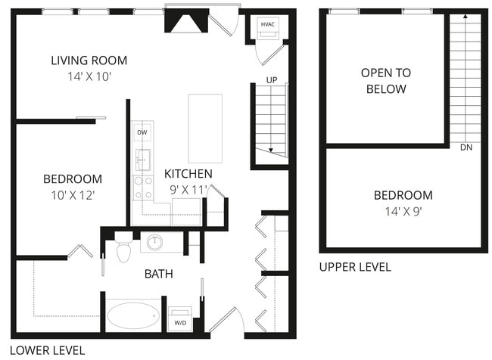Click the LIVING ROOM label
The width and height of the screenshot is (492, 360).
coord(89,61)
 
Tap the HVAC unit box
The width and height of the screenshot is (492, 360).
coord(268,25)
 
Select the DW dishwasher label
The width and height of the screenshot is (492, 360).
coord(142,132)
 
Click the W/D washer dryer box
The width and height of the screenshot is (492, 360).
coord(180,318)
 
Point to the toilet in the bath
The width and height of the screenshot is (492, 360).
coord(123,249)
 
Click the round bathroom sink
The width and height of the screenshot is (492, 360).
coord(155,243)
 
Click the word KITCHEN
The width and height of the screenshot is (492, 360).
coord(188,174)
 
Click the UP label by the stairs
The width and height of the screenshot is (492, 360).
coord(271,79)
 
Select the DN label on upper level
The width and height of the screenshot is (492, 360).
coord(466,147)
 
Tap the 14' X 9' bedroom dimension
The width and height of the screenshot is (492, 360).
coord(403,211)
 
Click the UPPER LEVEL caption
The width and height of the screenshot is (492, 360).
coord(355,267)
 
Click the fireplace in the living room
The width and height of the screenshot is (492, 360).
coord(185,23)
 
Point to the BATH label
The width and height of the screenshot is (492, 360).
coord(158,274)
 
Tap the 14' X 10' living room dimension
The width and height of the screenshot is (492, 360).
coord(89,76)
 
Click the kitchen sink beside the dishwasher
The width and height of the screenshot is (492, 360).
coord(142,160)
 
